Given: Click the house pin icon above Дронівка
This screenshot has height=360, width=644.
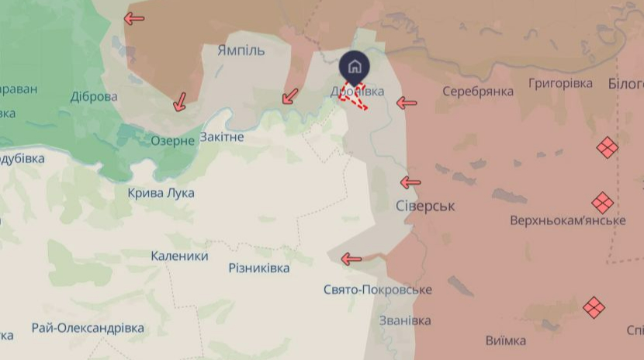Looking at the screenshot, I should click(354, 66).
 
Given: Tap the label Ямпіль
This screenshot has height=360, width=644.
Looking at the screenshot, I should click(241, 50).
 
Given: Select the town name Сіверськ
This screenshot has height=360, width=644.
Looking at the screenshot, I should click(424, 206).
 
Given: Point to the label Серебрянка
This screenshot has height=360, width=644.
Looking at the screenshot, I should click(478, 92).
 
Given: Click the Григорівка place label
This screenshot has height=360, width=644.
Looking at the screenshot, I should click(560, 83).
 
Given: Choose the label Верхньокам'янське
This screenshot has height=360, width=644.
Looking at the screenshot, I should click(567, 220).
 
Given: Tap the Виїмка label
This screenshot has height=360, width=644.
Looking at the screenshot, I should click(505, 341).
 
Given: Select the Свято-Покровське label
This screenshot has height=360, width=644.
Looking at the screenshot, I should click(377, 289).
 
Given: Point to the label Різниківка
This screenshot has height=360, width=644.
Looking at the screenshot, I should click(258, 268).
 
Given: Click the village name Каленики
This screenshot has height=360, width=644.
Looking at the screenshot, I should click(179, 255).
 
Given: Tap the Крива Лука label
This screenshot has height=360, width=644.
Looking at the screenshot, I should click(161, 192).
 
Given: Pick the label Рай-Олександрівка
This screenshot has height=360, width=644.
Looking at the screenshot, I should click(88, 328).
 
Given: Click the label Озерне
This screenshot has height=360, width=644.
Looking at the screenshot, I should click(172, 140).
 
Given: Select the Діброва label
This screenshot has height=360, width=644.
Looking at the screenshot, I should click(94, 96).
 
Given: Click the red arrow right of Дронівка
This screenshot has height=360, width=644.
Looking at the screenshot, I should click(406, 102).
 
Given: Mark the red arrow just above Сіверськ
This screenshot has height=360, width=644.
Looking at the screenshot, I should click(410, 182).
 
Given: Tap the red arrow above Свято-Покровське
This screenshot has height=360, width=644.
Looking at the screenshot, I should click(351, 259).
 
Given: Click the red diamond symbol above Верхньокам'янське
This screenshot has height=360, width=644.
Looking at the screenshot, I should click(602, 203).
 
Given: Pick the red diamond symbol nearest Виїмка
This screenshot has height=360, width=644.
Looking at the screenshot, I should click(594, 306).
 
